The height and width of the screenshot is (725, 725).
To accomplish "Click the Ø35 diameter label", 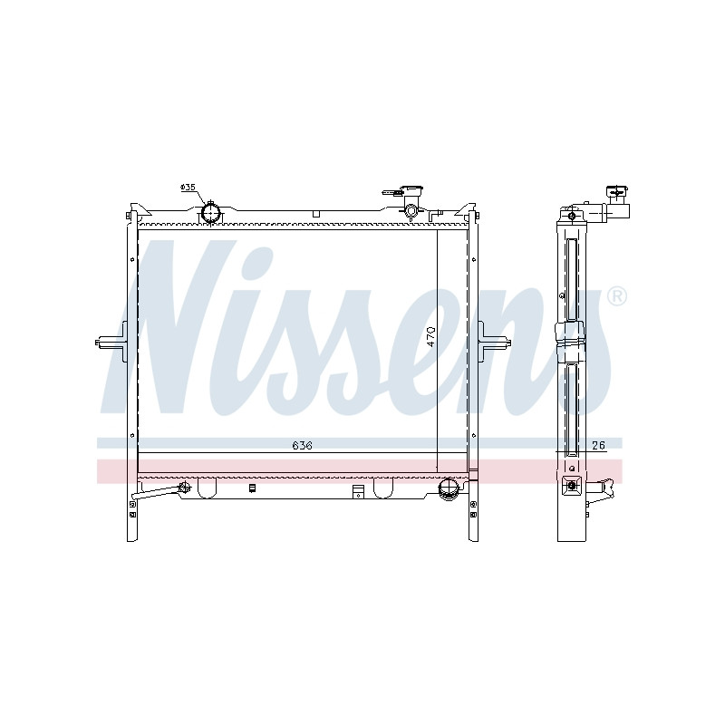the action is pyautogui.click(x=188, y=188).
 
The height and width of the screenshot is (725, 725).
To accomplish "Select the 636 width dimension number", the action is pyautogui.click(x=303, y=445).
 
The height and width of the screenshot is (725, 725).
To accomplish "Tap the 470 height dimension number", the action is pyautogui.click(x=430, y=336).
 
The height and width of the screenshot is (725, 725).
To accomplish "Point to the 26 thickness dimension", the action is pyautogui.click(x=598, y=445).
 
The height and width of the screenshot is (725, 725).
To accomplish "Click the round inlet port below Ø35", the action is pyautogui.click(x=211, y=213).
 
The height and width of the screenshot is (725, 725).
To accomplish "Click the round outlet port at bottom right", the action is pyautogui.click(x=447, y=489).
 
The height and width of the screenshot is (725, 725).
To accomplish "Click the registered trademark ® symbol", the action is pyautogui.click(x=617, y=296).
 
